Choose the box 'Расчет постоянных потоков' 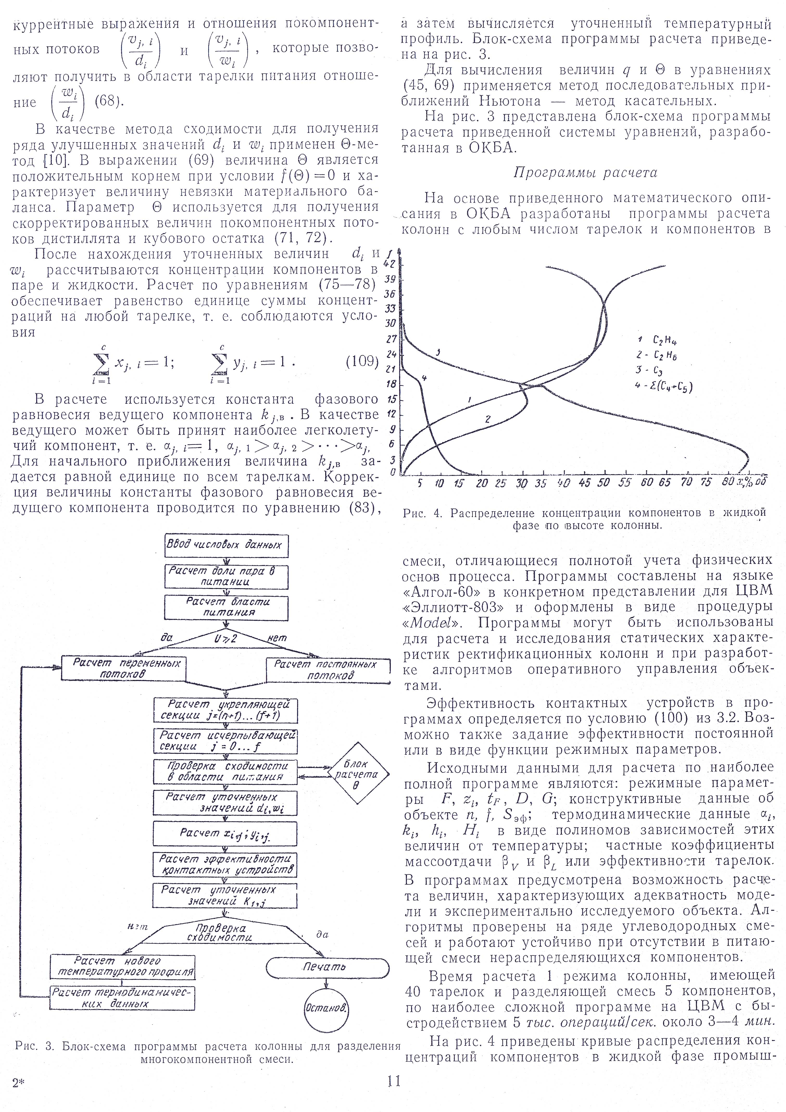point(328,670)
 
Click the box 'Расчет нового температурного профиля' point(122,966)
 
